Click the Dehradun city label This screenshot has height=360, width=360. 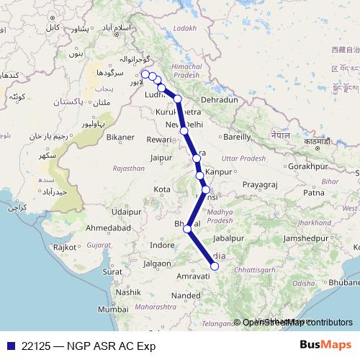tap(220, 99)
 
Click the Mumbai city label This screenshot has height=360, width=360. tap(113, 308)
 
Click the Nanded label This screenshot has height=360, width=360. tap(186, 295)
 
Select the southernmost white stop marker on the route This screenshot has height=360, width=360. tap(214, 267)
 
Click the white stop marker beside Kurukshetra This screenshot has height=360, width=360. tap(178, 99)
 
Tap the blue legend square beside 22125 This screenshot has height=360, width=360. tap(9, 345)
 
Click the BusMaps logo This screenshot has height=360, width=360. tap(325, 344)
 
